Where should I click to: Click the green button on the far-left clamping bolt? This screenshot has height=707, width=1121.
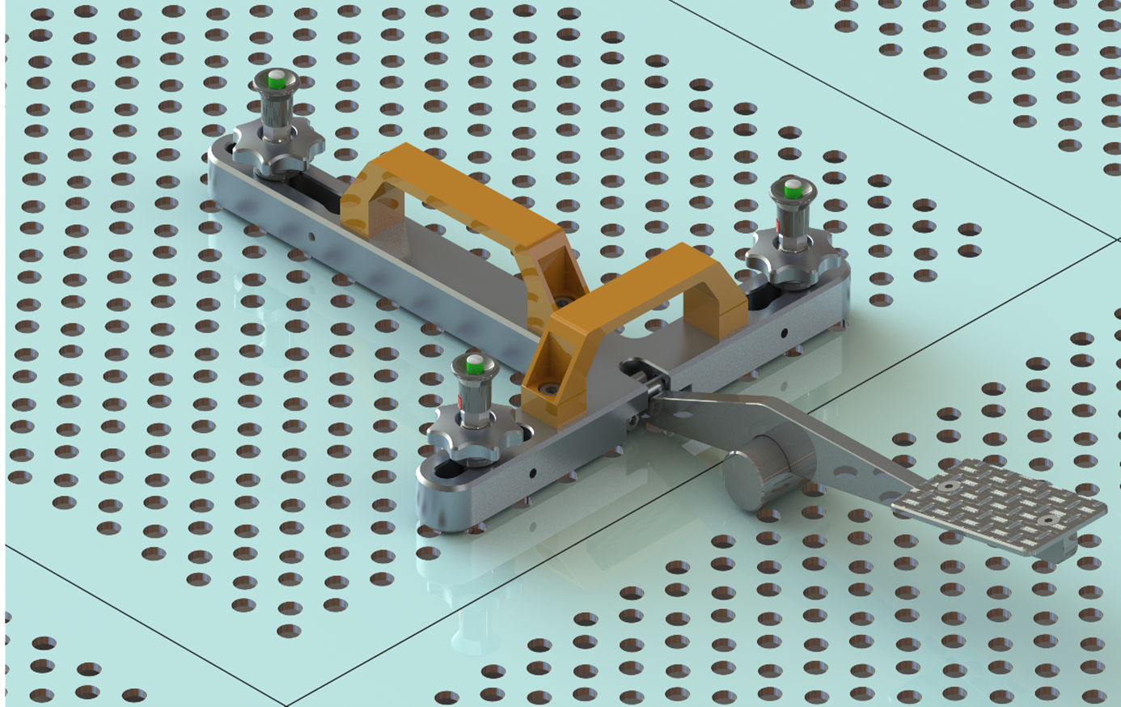[x=277, y=78]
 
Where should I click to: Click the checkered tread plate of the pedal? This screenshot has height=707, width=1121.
[x=999, y=506]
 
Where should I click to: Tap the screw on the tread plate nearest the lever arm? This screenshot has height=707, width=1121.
[x=948, y=487]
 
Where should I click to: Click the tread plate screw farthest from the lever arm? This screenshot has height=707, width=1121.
[x=1048, y=519]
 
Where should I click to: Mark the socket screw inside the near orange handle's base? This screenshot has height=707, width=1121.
[x=549, y=388]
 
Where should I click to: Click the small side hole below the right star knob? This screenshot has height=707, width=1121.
[x=784, y=332]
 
